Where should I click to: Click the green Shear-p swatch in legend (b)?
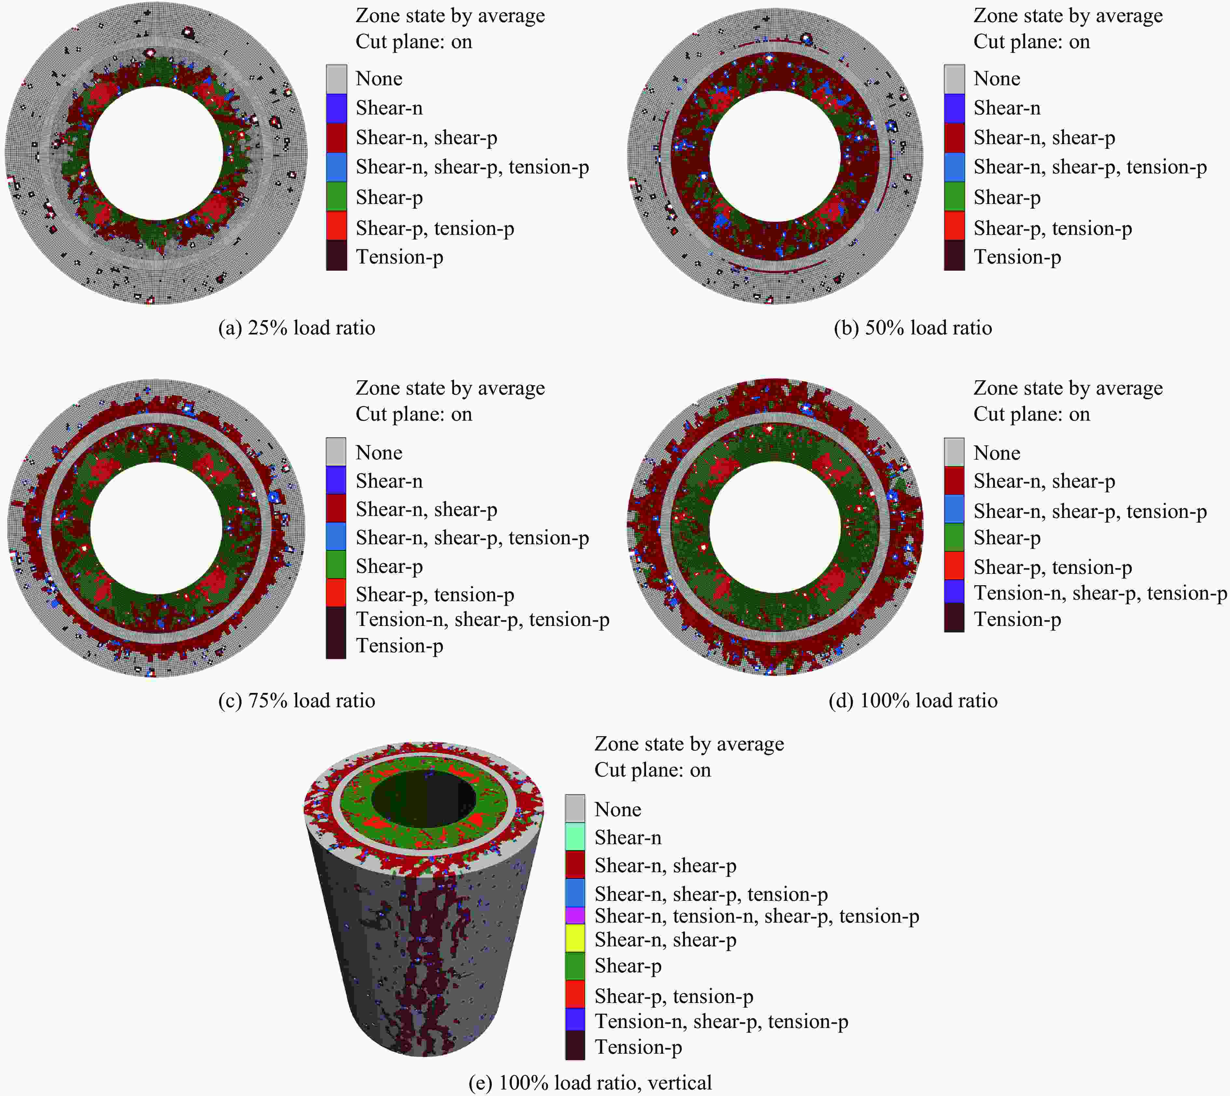(954, 196)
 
